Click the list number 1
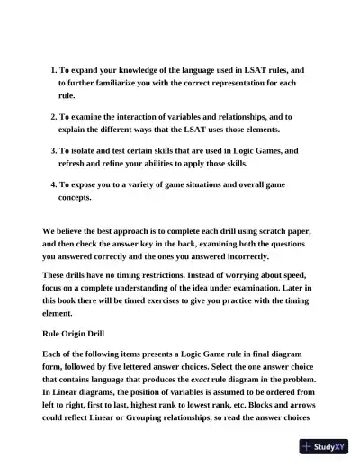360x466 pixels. click(x=51, y=69)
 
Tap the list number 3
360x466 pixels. click(x=51, y=150)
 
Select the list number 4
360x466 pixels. click(x=51, y=184)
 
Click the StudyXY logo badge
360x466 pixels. click(x=325, y=446)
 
